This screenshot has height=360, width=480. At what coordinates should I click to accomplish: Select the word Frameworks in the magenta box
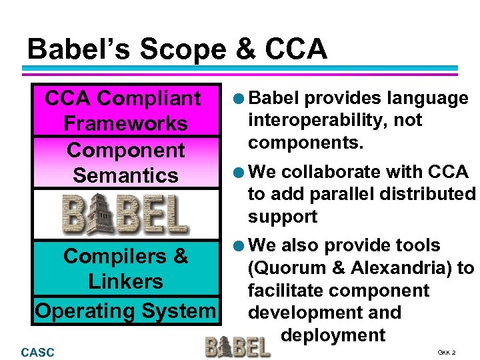[x=125, y=123]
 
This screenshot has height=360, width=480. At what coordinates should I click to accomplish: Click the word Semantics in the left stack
[x=125, y=175]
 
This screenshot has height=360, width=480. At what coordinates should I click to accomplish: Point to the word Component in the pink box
[x=125, y=150]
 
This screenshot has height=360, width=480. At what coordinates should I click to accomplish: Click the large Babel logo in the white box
[x=125, y=213]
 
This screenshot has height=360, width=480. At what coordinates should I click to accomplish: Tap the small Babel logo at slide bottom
[x=237, y=346]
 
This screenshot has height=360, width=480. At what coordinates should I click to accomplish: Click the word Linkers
[x=125, y=281]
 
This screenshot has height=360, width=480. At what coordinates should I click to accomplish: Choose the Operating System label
[x=125, y=311]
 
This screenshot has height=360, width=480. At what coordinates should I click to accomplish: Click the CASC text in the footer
[x=38, y=352]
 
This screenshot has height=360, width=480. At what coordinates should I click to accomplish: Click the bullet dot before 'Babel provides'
[x=239, y=99]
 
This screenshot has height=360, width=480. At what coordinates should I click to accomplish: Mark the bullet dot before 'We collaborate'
[x=239, y=172]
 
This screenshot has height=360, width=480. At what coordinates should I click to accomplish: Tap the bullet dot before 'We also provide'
[x=239, y=246]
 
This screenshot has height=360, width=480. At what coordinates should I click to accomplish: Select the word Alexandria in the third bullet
[x=398, y=269]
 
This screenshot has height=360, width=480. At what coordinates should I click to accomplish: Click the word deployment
[x=333, y=334]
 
